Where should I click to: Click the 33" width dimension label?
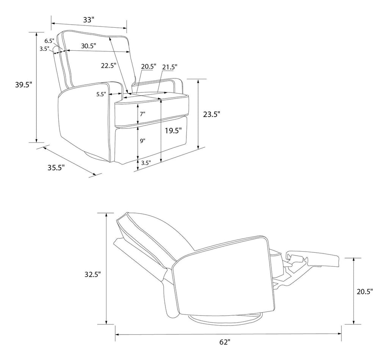click(89, 20)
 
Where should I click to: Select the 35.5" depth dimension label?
click(56, 167)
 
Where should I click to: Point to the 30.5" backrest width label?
click(89, 46)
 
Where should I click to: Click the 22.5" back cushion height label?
click(109, 66)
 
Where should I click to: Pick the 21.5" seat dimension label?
click(170, 67)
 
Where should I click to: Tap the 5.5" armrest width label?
click(101, 94)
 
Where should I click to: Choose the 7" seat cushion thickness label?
click(142, 114)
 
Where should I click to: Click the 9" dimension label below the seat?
click(142, 141)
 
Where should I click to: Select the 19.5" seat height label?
click(174, 130)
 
